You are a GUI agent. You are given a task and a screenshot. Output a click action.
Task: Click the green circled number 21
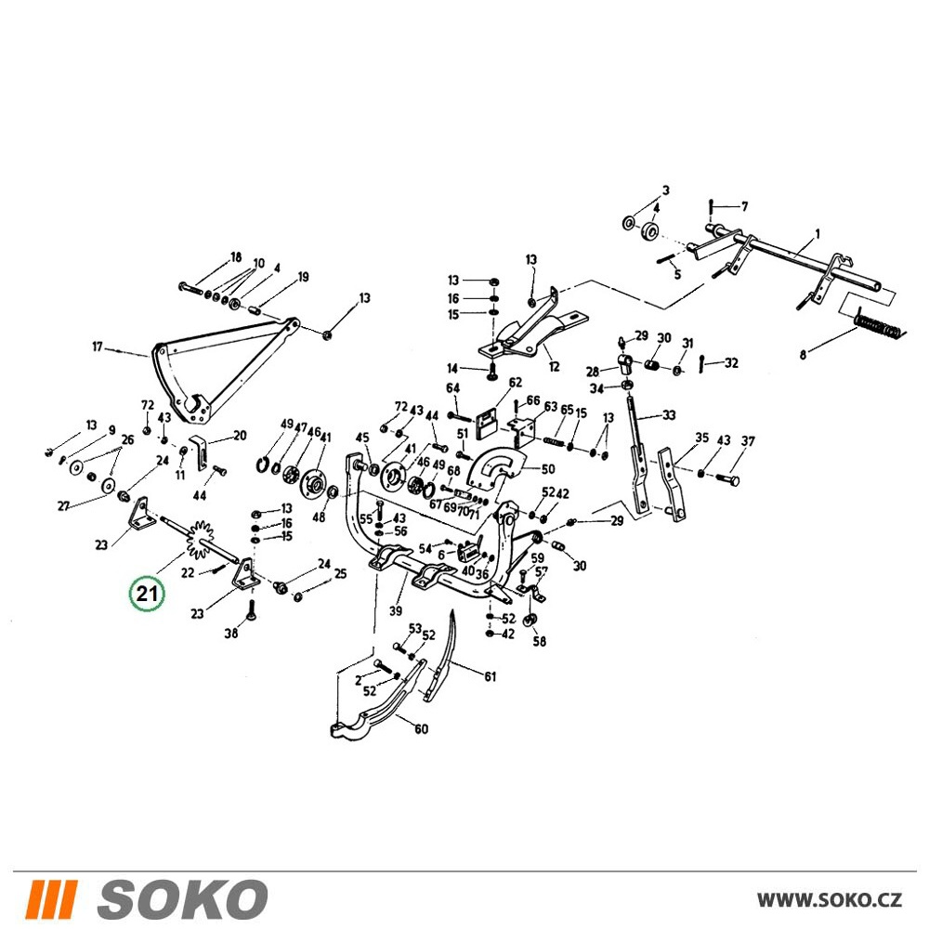pyautogui.click(x=147, y=593)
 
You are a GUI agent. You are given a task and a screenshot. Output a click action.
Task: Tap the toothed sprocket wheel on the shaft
pyautogui.click(x=200, y=539)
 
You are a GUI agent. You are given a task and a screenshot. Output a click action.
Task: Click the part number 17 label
pyautogui.click(x=98, y=347)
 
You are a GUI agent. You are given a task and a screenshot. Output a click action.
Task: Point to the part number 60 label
pyautogui.click(x=421, y=728)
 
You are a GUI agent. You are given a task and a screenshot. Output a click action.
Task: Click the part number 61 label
pyautogui.click(x=490, y=676)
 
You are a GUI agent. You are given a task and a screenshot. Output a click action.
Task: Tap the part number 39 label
pyautogui.click(x=395, y=611)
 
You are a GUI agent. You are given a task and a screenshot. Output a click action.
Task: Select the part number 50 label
pyautogui.click(x=548, y=469)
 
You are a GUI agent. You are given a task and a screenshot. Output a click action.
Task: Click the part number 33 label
pyautogui.click(x=669, y=415)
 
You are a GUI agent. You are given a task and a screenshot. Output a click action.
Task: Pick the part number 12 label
pyautogui.click(x=554, y=367)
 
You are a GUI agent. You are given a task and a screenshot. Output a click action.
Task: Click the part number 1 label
pyautogui.click(x=818, y=235)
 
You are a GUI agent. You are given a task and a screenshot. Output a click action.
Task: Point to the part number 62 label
pyautogui.click(x=515, y=383)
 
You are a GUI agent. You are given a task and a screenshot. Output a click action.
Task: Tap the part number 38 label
pyautogui.click(x=231, y=634)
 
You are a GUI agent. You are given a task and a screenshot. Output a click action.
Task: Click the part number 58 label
pyautogui.click(x=539, y=641)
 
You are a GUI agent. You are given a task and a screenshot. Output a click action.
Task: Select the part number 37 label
pyautogui.click(x=748, y=441)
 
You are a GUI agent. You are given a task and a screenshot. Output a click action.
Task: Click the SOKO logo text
pyautogui.click(x=182, y=898)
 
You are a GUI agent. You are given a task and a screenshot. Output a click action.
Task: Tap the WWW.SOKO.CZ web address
pyautogui.click(x=830, y=899)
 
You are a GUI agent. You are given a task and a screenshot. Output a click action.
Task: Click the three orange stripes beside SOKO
pyautogui.click(x=50, y=898)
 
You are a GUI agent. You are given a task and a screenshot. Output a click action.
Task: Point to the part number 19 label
pyautogui.click(x=303, y=277)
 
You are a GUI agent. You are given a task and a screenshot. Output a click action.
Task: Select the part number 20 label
pyautogui.click(x=240, y=436)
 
